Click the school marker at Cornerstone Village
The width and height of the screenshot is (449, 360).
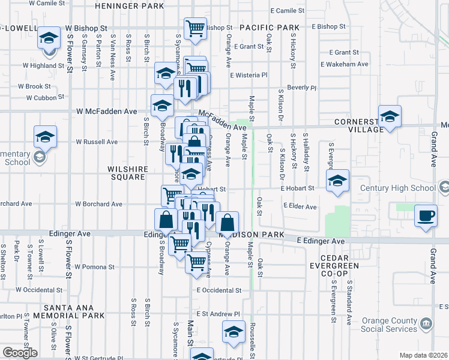click(390, 117)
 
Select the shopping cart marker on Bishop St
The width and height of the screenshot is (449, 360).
click(195, 28)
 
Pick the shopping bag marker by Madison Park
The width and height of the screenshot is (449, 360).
click(227, 223)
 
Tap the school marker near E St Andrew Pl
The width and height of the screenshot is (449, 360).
click(234, 332)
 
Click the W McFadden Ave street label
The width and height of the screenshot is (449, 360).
click(106, 112)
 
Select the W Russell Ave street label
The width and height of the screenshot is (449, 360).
click(97, 142)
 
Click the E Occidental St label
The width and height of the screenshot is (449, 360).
click(218, 290)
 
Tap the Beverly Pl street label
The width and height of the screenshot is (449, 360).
click(301, 88)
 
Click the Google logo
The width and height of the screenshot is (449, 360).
click(20, 353)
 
